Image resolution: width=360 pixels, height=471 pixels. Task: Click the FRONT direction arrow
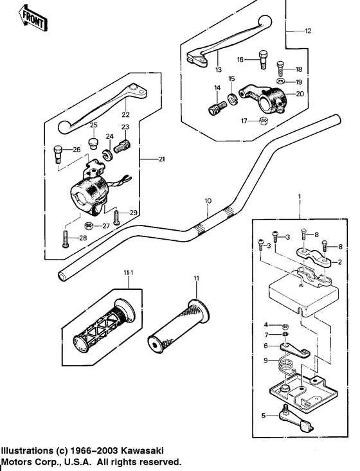[32, 18]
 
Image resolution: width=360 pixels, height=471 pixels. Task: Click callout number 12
[308, 31]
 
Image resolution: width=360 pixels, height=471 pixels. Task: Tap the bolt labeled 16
[262, 60]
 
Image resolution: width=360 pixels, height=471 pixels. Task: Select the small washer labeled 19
[281, 81]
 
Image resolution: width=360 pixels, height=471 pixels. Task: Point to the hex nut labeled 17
[264, 121]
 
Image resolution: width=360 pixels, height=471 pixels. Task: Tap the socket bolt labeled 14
[217, 107]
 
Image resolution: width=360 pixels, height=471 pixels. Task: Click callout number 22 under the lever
[125, 114]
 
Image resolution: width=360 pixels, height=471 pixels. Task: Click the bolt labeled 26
[58, 154]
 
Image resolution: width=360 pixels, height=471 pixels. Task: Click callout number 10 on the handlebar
[208, 200]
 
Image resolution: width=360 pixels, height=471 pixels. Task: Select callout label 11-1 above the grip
[129, 272]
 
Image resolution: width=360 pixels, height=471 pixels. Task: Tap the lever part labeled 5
[297, 418]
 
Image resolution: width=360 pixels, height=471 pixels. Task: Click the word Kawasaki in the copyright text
[142, 451]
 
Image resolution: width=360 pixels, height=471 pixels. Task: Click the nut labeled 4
[286, 326]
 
